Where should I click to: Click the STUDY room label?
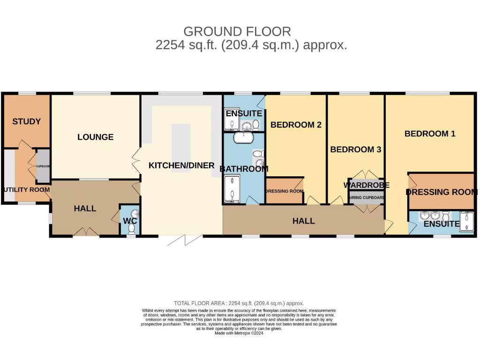[26, 121]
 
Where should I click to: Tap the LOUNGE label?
[96, 137]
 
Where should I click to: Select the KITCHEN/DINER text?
[181, 165]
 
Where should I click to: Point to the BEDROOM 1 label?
[430, 134]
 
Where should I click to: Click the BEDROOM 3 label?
[355, 150]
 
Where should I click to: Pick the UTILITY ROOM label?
[26, 190]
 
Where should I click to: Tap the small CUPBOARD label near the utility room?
[43, 166]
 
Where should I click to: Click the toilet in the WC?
[131, 228]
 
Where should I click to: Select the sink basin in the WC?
[129, 212]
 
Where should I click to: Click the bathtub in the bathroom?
[244, 137]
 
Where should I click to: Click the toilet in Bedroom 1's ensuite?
[445, 216]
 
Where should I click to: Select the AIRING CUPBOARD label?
[367, 198]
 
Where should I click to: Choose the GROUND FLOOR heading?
[237, 31]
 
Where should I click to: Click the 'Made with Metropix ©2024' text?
[239, 333]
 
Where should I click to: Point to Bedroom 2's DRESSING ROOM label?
[285, 191]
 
